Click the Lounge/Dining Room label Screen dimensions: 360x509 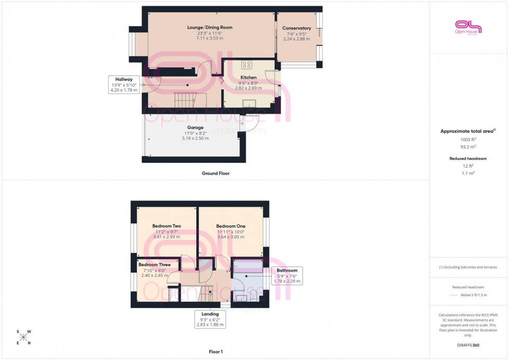(210, 27)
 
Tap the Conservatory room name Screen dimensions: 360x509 (297, 28)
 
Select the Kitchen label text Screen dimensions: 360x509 (248, 77)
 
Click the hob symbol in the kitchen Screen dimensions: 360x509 (247, 65)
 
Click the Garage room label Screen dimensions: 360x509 (195, 127)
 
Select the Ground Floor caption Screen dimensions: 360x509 (216, 174)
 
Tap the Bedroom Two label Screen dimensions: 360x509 (166, 226)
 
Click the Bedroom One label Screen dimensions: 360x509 (231, 226)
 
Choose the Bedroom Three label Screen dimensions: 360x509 (154, 264)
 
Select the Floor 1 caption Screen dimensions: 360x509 (215, 352)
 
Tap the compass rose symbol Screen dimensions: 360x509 (23, 337)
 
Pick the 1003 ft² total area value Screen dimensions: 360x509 (468, 139)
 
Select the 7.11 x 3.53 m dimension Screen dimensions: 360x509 (210, 38)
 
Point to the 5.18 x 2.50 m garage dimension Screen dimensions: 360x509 (195, 138)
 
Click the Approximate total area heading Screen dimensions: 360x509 (468, 131)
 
